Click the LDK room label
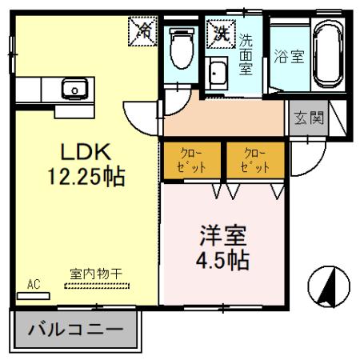(76, 150)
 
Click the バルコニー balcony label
(76, 329)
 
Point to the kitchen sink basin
(71, 88)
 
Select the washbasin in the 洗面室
(218, 74)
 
